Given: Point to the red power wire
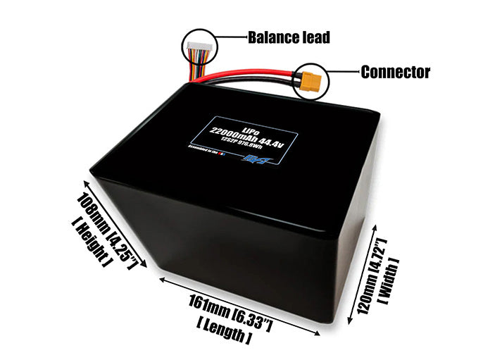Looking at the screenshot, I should click(x=253, y=72).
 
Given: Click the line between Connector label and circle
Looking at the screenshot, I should click(x=341, y=72).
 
